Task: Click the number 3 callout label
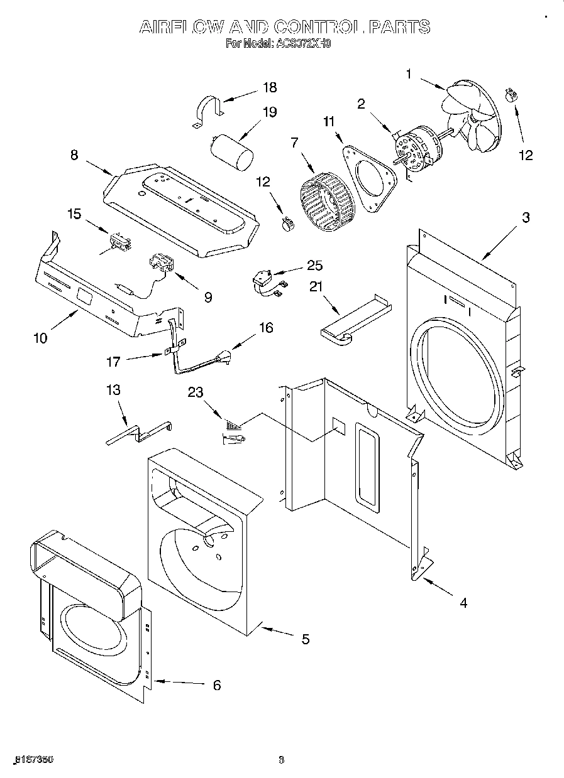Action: click(x=525, y=218)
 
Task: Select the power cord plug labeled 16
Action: click(x=222, y=360)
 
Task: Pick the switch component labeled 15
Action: click(x=118, y=241)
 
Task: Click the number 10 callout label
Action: click(x=40, y=338)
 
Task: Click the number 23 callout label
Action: click(x=196, y=392)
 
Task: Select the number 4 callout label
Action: click(x=463, y=603)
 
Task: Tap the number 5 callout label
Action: click(x=305, y=639)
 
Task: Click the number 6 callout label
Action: click(x=216, y=685)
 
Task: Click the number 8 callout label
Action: click(x=74, y=154)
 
